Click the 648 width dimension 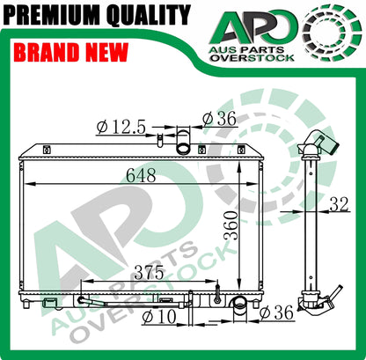[141, 175]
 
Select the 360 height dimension [231, 225]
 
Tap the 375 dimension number [149, 272]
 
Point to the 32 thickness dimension [340, 204]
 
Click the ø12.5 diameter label [121, 128]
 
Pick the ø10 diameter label [159, 317]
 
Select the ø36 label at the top [219, 119]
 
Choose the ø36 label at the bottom [276, 312]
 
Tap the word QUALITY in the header [149, 15]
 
